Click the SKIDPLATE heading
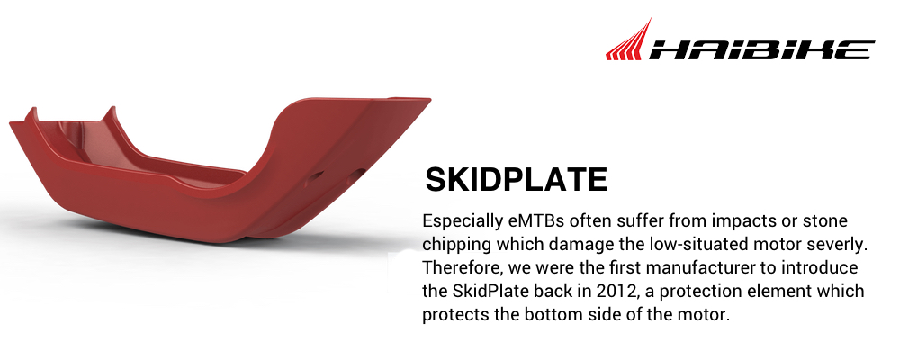(x=516, y=180)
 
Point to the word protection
(x=698, y=292)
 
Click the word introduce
(x=823, y=267)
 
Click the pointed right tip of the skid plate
(x=429, y=100)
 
